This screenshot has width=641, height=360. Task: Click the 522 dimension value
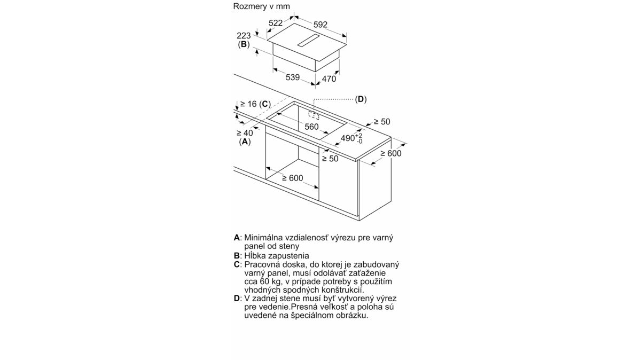pos(276,23)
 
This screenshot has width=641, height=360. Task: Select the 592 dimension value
pos(320,25)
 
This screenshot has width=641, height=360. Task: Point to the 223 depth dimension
pos(244,36)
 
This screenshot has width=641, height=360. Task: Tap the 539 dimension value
pos(293,77)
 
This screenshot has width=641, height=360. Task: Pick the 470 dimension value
pos(329,79)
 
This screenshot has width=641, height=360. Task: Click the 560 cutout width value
pos(311,127)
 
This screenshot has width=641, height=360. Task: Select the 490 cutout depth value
pos(348,138)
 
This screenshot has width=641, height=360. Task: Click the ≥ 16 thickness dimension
pos(248,104)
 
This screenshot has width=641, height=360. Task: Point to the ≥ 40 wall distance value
pos(245,133)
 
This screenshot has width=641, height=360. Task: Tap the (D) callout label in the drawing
pos(361,99)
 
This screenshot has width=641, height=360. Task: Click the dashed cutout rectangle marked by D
pos(314,115)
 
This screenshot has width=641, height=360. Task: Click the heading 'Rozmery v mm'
pos(262,6)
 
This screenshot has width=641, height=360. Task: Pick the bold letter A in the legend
pos(237,238)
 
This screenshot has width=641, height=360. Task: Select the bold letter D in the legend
pos(237,298)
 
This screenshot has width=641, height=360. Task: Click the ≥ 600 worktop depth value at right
pos(390,153)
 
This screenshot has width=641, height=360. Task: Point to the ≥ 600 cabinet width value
pos(292,178)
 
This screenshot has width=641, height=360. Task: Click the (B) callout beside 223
pos(244,44)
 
